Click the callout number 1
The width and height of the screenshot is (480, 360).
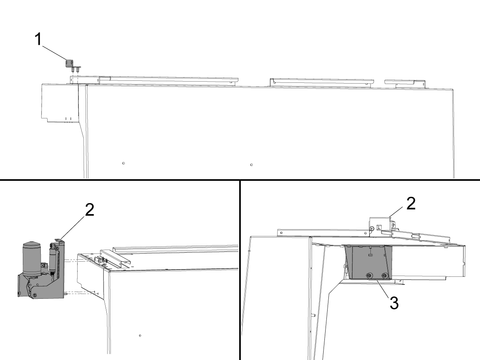[x=38, y=39]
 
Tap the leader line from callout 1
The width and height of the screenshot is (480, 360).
[x=54, y=53]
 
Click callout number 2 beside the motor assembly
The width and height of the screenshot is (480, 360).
[x=90, y=210]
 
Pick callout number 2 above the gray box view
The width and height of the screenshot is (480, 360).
[x=411, y=204]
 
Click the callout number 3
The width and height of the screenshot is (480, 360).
[x=394, y=303]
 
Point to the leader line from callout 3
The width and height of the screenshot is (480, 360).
[x=383, y=288]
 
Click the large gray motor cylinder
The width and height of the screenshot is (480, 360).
[x=32, y=259]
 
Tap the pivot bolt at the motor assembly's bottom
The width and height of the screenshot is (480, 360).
[x=34, y=296]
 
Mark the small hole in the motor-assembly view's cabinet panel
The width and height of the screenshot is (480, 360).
[x=140, y=336]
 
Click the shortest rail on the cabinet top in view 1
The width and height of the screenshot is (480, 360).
[x=405, y=84]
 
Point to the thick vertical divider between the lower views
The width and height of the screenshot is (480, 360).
[x=240, y=270]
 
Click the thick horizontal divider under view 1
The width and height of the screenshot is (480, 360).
[x=240, y=180]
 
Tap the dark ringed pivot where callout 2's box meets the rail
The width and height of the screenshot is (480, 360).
[x=372, y=229]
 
